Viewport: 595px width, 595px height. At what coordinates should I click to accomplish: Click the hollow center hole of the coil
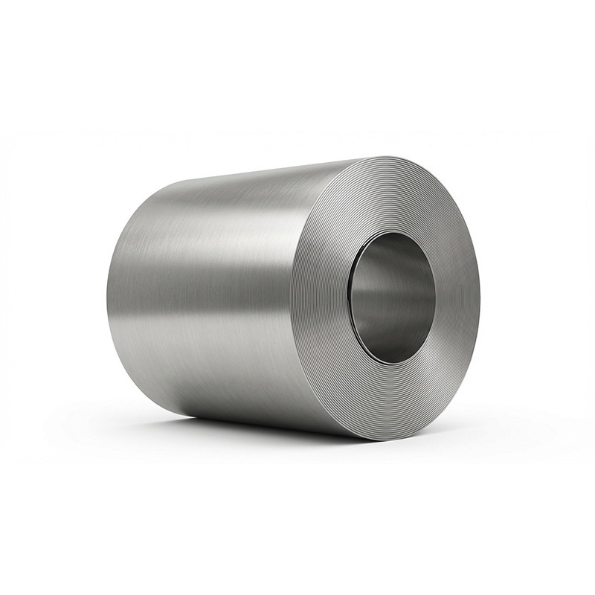(392, 297)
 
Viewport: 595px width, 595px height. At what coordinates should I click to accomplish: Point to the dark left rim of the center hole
(352, 297)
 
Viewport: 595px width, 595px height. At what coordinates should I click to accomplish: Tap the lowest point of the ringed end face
(387, 439)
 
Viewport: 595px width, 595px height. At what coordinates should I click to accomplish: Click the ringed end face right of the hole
(457, 297)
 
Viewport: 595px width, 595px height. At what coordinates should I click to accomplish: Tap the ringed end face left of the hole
(320, 297)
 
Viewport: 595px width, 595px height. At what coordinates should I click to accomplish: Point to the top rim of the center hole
(392, 233)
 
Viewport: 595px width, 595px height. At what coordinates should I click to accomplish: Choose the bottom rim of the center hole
(392, 363)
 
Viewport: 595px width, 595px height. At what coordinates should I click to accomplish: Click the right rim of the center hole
(435, 297)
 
